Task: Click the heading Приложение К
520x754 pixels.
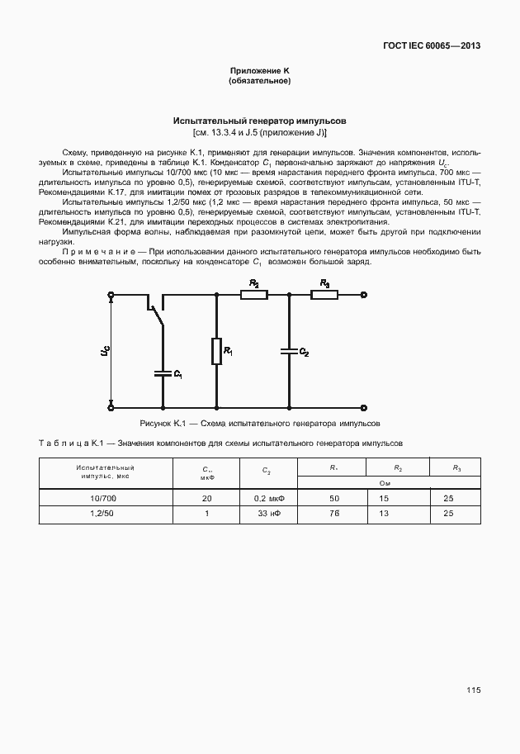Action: (x=259, y=72)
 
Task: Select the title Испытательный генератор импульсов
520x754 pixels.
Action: (x=259, y=121)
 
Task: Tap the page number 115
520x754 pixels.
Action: (x=472, y=690)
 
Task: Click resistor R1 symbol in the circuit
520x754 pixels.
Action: (x=216, y=353)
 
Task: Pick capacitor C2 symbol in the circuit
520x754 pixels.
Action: (x=288, y=351)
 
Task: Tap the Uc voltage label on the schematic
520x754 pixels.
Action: (x=104, y=351)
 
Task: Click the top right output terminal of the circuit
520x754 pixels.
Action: (x=364, y=293)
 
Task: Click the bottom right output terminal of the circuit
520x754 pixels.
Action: (x=364, y=407)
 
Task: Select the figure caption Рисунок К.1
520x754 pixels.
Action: (x=259, y=422)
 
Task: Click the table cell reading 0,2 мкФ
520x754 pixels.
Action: (x=267, y=499)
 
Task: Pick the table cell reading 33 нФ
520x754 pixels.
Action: (x=267, y=514)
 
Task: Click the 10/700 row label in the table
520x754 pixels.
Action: (x=104, y=499)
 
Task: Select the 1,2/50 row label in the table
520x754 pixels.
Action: (x=104, y=514)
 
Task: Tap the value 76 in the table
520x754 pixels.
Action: (x=334, y=514)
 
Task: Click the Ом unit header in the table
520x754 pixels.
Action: (x=384, y=483)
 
